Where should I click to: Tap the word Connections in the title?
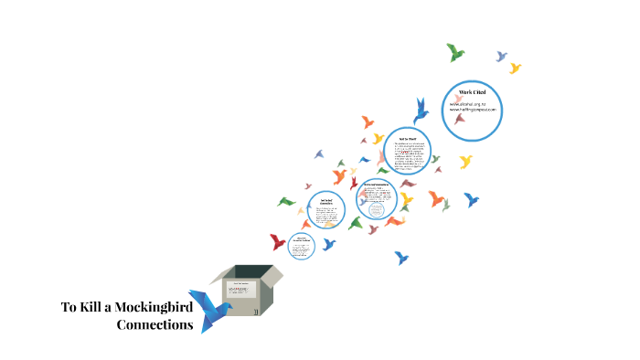tap(155, 324)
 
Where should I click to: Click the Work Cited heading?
tap(472, 94)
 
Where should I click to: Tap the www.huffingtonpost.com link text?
tap(472, 111)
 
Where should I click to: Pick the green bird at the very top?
tap(454, 52)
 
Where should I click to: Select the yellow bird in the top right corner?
tap(515, 68)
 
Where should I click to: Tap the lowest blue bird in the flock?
tap(400, 258)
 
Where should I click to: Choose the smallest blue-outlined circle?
tap(302, 246)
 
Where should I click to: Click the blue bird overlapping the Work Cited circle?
tap(421, 111)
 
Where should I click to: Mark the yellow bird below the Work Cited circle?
tap(465, 162)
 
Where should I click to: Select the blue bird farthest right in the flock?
tap(471, 198)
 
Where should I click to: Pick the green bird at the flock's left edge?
tap(286, 201)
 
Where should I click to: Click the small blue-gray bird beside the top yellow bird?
tap(501, 56)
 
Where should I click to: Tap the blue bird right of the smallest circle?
tap(328, 244)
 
